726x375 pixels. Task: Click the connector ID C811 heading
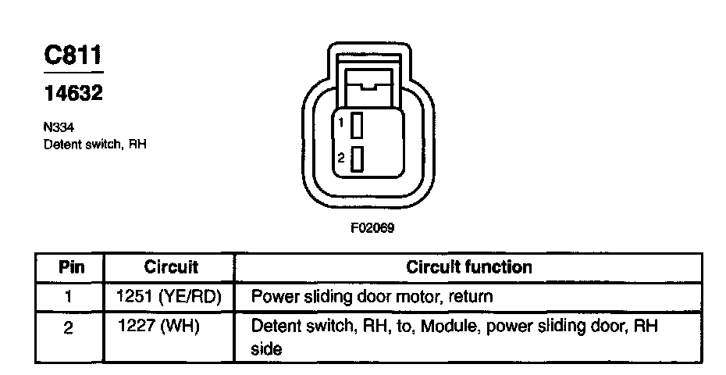point(73,56)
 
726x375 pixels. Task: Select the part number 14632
point(73,94)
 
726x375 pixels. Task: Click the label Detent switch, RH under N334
point(95,145)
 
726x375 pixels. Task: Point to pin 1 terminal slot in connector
point(357,125)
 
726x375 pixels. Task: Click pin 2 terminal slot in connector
point(357,159)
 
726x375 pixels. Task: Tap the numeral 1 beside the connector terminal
point(342,123)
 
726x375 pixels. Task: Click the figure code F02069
point(364,228)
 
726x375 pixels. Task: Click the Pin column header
point(71,267)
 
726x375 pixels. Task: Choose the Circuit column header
point(171,267)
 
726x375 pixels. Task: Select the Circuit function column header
point(468,267)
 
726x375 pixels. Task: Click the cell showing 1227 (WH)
point(159,325)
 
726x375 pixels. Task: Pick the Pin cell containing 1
point(70,297)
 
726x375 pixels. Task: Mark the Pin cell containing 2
point(70,327)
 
